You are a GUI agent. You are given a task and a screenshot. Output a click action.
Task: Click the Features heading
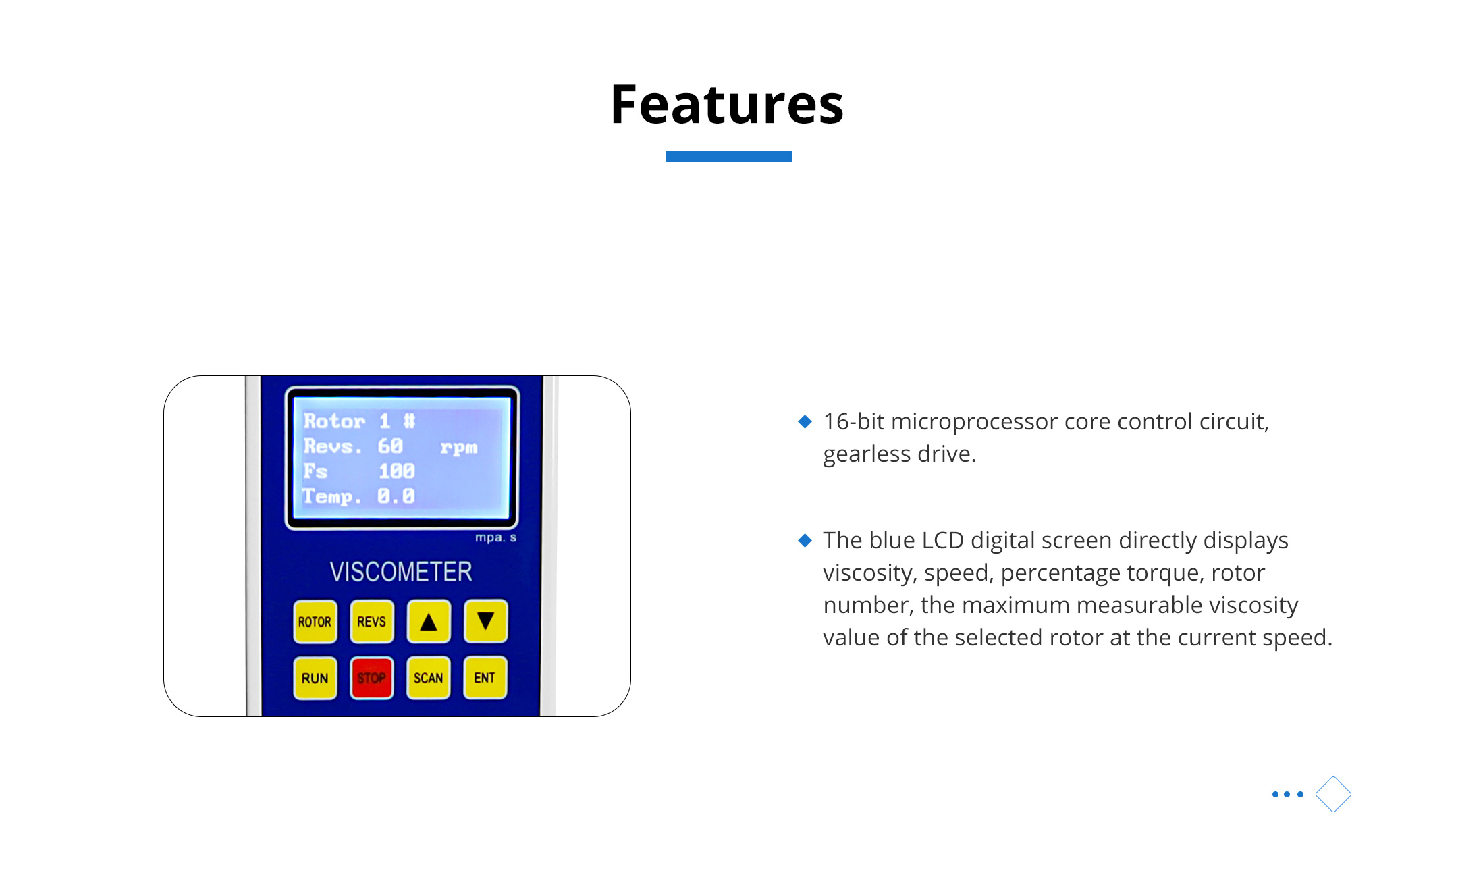point(727,104)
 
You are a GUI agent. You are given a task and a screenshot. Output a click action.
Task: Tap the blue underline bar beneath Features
point(728,157)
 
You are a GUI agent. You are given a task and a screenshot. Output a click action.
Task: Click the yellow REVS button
point(371,621)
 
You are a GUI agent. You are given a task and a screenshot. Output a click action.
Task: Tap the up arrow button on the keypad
point(429,621)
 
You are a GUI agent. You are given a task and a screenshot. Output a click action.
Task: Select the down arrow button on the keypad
point(485,621)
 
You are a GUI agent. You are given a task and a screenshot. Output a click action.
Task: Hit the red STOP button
point(371,678)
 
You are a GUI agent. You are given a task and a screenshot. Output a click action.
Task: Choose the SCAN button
point(429,678)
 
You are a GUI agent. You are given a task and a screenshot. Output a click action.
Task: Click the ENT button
point(485,678)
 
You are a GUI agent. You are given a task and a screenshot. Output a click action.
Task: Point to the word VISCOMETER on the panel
point(401,572)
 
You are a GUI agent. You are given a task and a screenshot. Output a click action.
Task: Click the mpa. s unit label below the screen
point(495,538)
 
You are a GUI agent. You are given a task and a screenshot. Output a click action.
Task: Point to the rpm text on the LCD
point(459,448)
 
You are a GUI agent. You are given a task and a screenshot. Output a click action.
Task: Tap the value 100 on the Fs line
point(396,471)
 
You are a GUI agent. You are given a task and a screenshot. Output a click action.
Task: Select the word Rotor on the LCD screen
point(334,421)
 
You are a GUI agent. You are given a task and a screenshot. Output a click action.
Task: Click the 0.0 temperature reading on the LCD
point(396,496)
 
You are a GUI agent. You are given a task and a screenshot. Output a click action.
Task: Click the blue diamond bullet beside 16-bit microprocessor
point(805,422)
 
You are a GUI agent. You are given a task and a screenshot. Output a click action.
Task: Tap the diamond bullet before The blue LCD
point(805,540)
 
